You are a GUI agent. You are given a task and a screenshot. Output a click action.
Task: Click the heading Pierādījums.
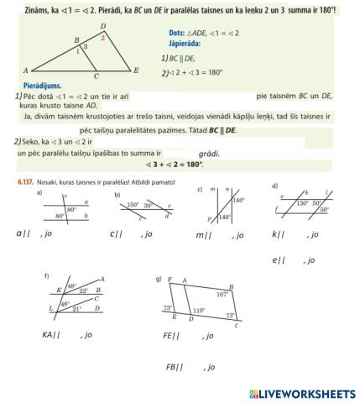(x=38, y=86)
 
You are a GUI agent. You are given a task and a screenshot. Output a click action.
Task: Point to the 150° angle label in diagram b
(x=132, y=205)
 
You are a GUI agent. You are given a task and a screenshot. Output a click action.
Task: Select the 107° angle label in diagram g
(x=222, y=295)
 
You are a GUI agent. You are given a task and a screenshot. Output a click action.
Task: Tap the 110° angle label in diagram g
(x=198, y=310)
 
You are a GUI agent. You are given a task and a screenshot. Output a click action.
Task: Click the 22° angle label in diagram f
(x=84, y=290)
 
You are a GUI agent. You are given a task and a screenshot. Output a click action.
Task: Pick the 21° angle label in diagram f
(x=76, y=310)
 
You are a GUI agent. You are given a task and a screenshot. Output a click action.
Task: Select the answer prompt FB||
(x=175, y=367)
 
